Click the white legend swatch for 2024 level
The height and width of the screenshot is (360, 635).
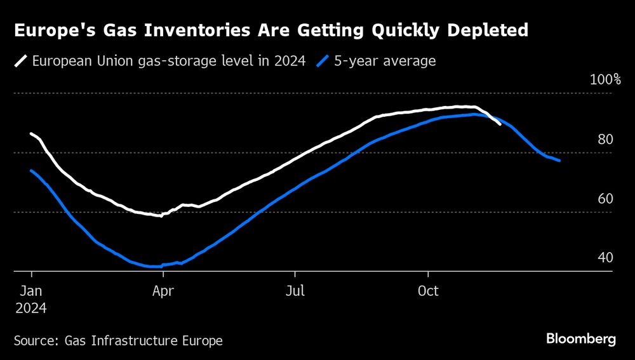[x=21, y=62]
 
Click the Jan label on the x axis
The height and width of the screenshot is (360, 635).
[x=30, y=291]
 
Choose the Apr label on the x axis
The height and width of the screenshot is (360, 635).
[x=163, y=291]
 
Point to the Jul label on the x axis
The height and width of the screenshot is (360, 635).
[x=295, y=291]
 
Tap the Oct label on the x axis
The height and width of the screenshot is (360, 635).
[x=429, y=291]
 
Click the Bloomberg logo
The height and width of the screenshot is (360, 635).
[x=581, y=339]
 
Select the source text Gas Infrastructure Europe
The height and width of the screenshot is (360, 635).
[x=144, y=341]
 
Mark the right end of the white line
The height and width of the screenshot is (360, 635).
[x=500, y=124]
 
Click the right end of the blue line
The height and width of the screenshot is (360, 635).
[x=559, y=161]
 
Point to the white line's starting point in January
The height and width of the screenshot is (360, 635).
[x=31, y=133]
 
